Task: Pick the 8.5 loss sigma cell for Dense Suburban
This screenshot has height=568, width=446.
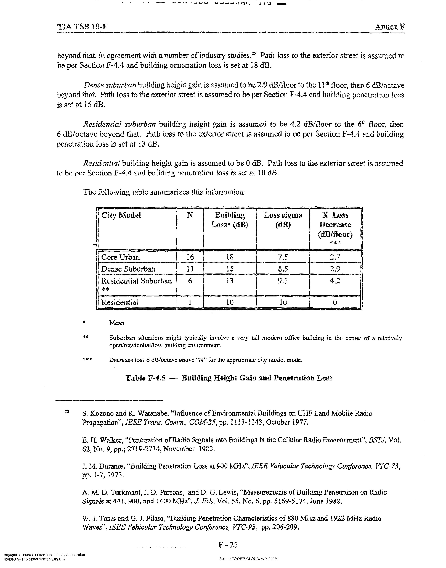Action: click(283, 269)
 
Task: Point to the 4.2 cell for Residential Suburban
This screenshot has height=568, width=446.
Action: click(335, 281)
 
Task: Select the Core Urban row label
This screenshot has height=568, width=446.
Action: click(120, 257)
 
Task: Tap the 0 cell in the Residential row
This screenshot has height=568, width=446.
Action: click(335, 303)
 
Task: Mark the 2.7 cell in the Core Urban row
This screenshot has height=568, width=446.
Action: click(335, 257)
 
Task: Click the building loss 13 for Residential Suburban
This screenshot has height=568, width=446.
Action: click(230, 281)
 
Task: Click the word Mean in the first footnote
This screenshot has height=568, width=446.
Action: click(117, 323)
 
